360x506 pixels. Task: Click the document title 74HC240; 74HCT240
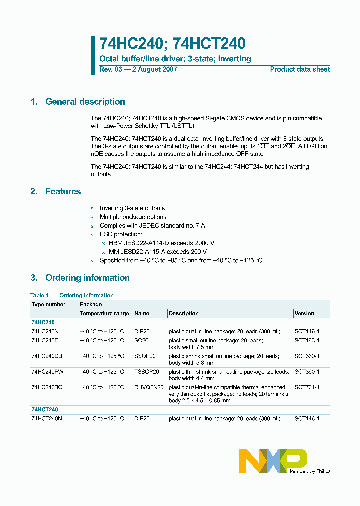[x=172, y=44]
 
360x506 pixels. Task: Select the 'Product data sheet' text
[x=300, y=69]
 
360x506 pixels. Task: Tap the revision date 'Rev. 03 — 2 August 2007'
[x=138, y=69]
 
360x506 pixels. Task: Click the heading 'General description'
[x=85, y=102]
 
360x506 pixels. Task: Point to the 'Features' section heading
[x=63, y=191]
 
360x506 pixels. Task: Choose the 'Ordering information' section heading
[x=87, y=278]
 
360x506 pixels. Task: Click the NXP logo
[x=273, y=460]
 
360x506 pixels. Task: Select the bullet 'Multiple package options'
[x=133, y=217]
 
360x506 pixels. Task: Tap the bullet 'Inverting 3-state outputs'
[x=132, y=208]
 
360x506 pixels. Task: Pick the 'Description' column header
[x=184, y=314]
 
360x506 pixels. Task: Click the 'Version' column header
[x=304, y=314]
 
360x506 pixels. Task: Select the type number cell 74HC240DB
[x=47, y=356]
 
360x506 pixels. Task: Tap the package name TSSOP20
[x=147, y=372]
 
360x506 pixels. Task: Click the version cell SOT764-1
[x=307, y=387]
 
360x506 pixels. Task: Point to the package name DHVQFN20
[x=149, y=387]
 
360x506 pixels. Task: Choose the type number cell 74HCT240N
[x=47, y=418]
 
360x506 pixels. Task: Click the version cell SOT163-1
[x=307, y=340]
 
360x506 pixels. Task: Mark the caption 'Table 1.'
[x=40, y=295]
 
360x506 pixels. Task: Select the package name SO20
[x=141, y=340]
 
